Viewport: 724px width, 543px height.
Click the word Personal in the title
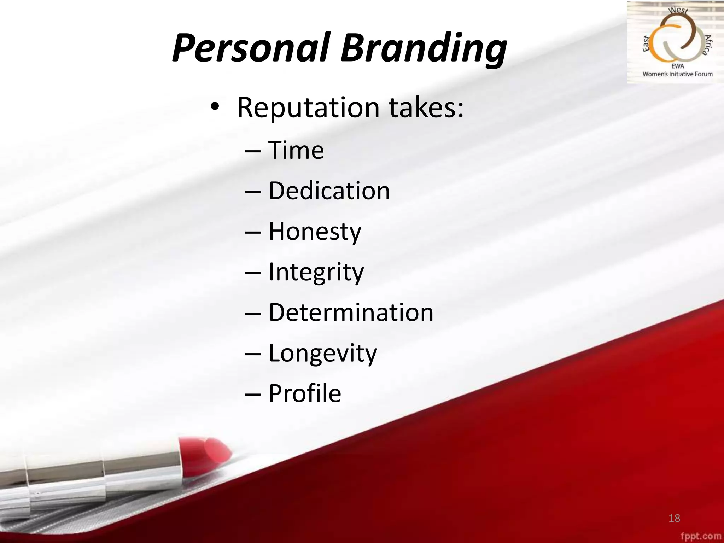tap(251, 48)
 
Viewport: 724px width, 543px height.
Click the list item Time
tap(296, 150)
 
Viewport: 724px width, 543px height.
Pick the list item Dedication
tap(329, 191)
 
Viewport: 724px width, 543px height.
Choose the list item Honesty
tap(315, 232)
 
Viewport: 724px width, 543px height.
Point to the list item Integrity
tap(316, 272)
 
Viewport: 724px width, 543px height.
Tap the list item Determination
tap(351, 313)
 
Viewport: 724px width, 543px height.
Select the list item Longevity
tap(323, 353)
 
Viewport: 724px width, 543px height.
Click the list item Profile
tap(305, 393)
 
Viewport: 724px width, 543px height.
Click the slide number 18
tap(674, 518)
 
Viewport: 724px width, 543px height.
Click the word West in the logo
tap(678, 10)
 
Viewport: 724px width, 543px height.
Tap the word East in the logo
tap(647, 44)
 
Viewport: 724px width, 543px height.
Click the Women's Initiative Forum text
tap(677, 74)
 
